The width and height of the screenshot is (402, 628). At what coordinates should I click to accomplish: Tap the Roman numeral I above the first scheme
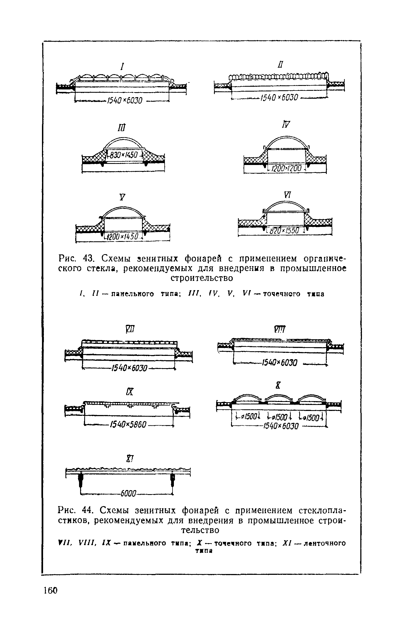click(x=123, y=66)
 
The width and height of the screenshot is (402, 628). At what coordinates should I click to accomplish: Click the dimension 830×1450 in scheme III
click(x=124, y=155)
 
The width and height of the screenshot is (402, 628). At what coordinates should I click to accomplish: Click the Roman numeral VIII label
click(x=280, y=330)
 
